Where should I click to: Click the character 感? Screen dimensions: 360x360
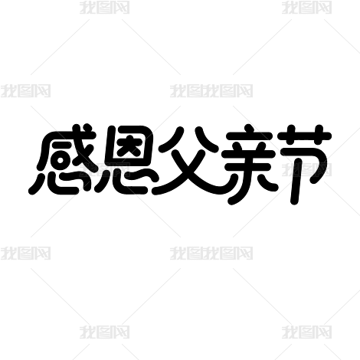(63, 159)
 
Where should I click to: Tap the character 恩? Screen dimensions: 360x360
(127, 159)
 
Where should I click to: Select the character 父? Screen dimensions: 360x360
(190, 161)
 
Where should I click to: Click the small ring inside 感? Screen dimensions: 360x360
(61, 161)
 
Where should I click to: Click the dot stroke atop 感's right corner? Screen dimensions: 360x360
(87, 128)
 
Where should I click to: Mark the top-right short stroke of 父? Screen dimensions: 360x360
(206, 139)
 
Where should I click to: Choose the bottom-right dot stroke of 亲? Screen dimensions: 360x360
(270, 186)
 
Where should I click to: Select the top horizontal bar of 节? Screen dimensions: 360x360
(305, 136)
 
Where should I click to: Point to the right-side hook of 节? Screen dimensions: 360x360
(322, 166)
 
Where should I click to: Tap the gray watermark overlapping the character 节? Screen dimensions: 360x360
(306, 169)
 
